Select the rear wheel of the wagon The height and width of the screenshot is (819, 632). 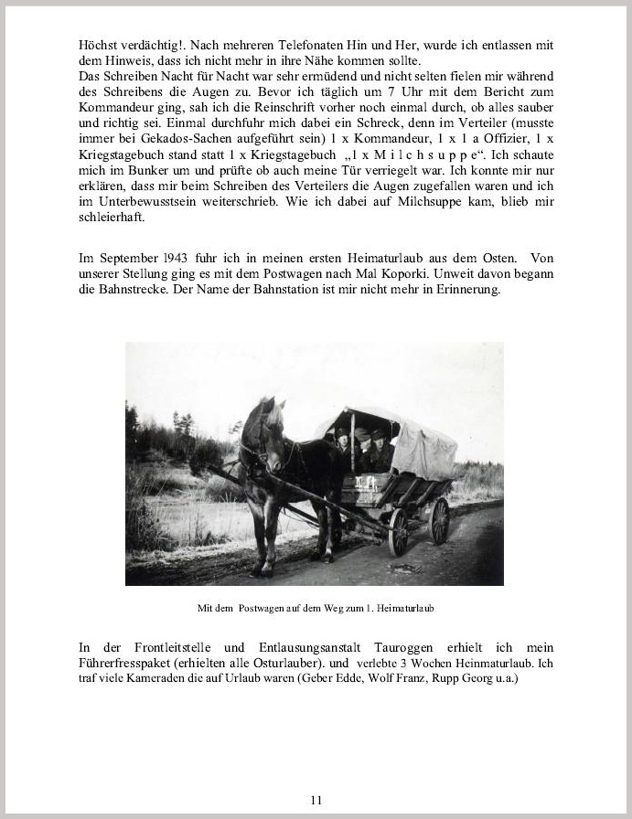[440, 520]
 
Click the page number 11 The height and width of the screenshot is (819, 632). [316, 799]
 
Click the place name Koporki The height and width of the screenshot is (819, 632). [402, 273]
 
